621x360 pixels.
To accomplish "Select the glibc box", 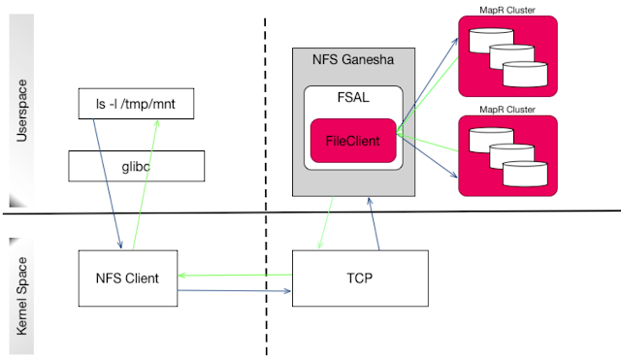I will [137, 166].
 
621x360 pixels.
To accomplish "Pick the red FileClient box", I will [353, 142].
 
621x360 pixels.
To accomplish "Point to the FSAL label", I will [353, 98].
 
